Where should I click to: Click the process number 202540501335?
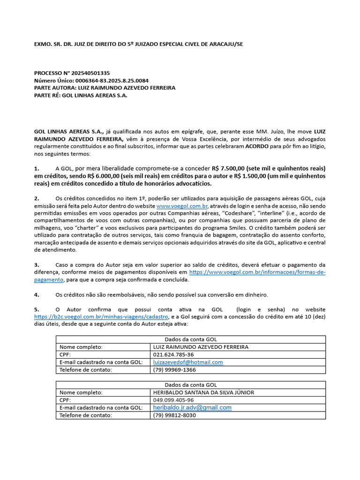tap(87, 73)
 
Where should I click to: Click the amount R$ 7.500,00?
tap(230, 168)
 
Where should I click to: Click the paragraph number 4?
tap(37, 295)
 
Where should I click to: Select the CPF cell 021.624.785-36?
tap(173, 355)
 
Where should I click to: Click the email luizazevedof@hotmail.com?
tap(188, 362)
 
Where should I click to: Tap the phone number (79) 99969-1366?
tap(174, 370)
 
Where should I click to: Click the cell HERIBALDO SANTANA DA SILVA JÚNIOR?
tap(203, 392)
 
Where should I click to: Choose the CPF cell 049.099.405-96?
tap(173, 400)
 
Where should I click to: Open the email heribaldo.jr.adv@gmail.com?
tap(192, 408)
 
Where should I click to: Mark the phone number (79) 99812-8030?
tap(174, 415)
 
